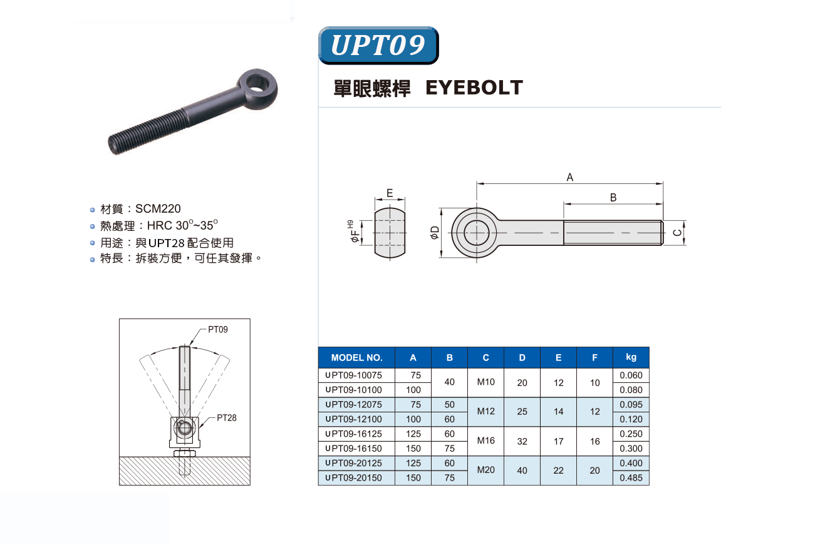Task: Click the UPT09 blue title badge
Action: point(378,45)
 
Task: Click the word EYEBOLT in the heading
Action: point(474,88)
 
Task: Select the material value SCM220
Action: point(158,208)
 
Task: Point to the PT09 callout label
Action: point(217,329)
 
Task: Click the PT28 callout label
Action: point(227,418)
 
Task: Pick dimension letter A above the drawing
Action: point(570,177)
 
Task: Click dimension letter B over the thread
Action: point(613,198)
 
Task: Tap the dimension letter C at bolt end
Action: point(677,233)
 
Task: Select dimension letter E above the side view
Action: point(390,193)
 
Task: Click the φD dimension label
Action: point(435,233)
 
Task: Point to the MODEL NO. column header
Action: point(356,358)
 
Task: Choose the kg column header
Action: point(631,357)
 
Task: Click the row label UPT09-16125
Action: point(353,434)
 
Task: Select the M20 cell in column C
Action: point(486,470)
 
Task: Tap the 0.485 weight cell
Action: point(631,477)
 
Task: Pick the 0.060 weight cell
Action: point(631,375)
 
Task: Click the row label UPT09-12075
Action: point(353,404)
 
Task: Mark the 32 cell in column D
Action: point(522,441)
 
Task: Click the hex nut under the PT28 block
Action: point(185,453)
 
